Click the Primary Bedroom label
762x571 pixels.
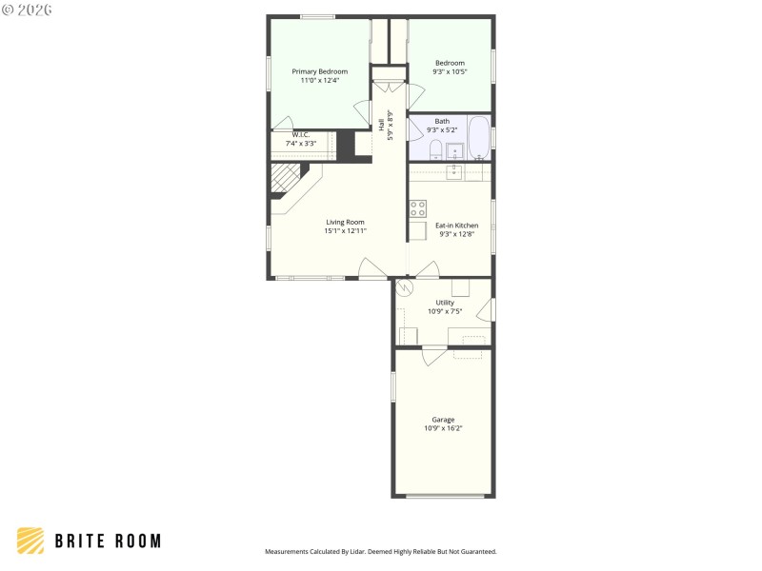click(x=319, y=71)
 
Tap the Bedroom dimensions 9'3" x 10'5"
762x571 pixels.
click(x=450, y=72)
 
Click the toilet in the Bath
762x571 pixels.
click(x=435, y=150)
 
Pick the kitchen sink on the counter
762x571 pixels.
click(x=455, y=171)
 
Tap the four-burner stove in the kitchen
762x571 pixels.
click(x=418, y=209)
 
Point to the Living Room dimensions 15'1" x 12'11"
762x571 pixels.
click(x=345, y=230)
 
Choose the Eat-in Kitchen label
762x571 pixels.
click(x=456, y=226)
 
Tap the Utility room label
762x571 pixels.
click(x=444, y=303)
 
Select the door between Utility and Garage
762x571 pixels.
click(x=433, y=353)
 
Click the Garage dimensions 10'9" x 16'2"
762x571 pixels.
click(x=443, y=428)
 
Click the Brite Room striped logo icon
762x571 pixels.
click(x=30, y=541)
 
